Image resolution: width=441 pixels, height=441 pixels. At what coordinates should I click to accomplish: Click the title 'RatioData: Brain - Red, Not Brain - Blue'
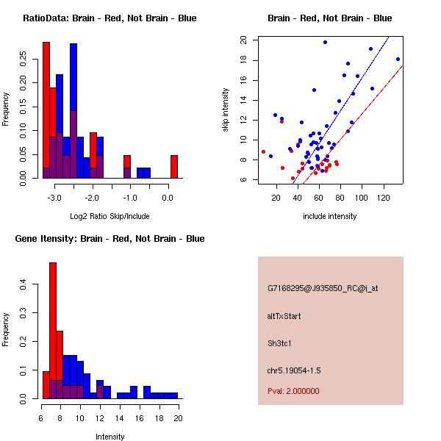pyautogui.click(x=110, y=18)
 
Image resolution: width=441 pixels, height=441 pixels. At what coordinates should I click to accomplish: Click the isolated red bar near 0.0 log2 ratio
pyautogui.click(x=174, y=166)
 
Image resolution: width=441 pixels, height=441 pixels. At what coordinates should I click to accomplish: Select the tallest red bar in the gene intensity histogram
pyautogui.click(x=53, y=330)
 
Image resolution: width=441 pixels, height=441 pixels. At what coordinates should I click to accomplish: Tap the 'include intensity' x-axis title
pyautogui.click(x=329, y=216)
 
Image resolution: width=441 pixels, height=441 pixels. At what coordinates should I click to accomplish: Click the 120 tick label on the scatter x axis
pyautogui.click(x=384, y=198)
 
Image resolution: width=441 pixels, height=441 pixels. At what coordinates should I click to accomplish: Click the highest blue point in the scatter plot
pyautogui.click(x=325, y=43)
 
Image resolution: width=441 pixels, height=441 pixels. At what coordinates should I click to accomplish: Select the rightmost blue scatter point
pyautogui.click(x=398, y=59)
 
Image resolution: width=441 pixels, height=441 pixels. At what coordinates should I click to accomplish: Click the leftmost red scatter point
pyautogui.click(x=263, y=151)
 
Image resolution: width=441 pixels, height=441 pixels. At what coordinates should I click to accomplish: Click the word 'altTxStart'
pyautogui.click(x=284, y=316)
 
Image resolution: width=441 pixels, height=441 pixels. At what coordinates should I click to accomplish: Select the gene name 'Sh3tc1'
pyautogui.click(x=280, y=343)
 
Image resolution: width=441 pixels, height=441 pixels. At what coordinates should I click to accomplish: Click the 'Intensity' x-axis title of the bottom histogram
pyautogui.click(x=110, y=437)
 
